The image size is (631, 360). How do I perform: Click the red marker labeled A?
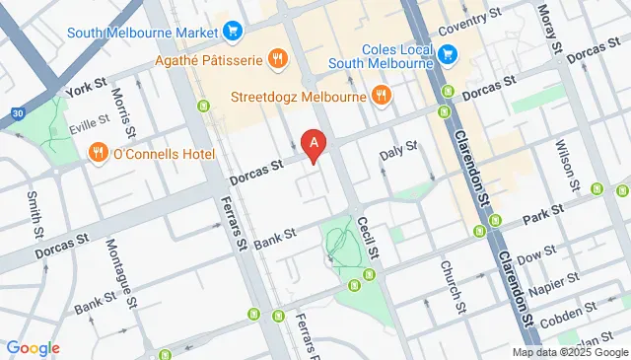pos(315,146)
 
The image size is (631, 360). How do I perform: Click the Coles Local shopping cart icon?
pos(448,52)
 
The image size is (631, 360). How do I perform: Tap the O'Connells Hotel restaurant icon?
pos(98,152)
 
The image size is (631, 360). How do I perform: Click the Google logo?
pos(33,347)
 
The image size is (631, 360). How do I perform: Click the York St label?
pos(85,89)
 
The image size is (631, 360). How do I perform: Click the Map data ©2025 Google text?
pos(570,352)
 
